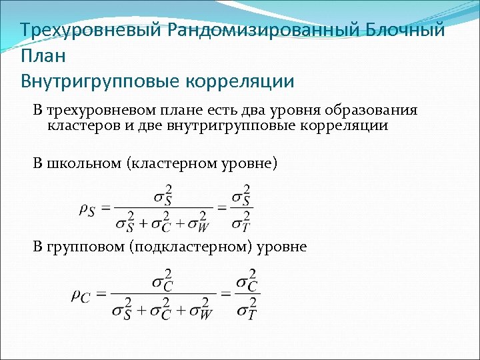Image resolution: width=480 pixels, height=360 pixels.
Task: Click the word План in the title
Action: pyautogui.click(x=43, y=56)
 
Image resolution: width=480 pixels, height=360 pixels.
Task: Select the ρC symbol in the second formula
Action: pyautogui.click(x=80, y=295)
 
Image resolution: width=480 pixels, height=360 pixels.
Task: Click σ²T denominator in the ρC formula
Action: pyautogui.click(x=245, y=308)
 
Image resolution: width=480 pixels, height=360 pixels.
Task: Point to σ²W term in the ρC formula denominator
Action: pyautogui.click(x=200, y=308)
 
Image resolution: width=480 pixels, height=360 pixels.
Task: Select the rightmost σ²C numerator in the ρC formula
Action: pyautogui.click(x=245, y=281)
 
